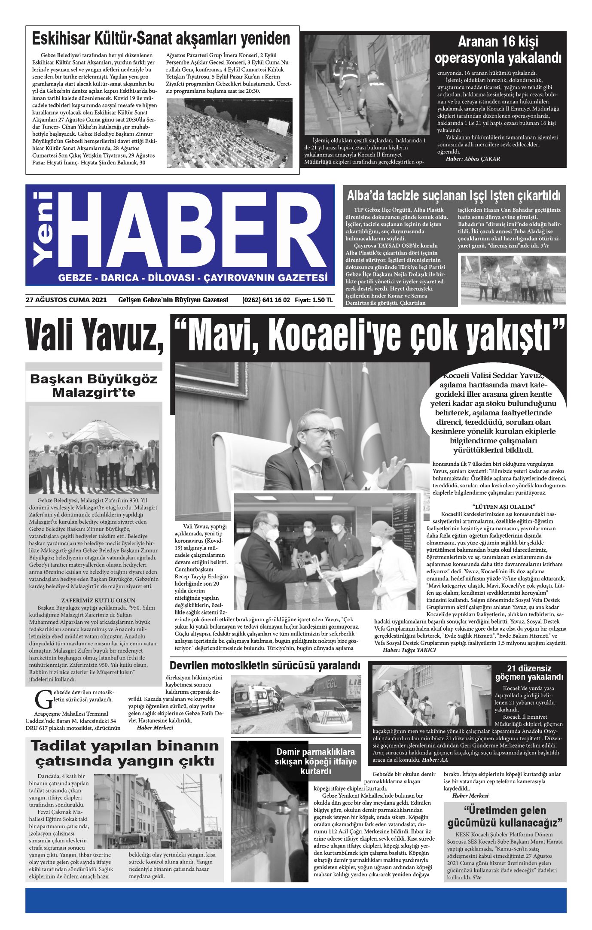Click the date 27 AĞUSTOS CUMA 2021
66,300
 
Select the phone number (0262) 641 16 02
266,300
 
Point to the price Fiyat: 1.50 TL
314,300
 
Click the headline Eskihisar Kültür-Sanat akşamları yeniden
161,39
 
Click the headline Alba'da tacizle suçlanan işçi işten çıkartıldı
454,196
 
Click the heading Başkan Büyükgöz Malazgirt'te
94,386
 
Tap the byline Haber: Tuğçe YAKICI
409,650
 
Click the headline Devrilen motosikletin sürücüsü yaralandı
265,666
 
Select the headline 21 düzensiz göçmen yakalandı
529,672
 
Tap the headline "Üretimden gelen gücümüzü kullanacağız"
505,817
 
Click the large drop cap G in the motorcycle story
43,700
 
